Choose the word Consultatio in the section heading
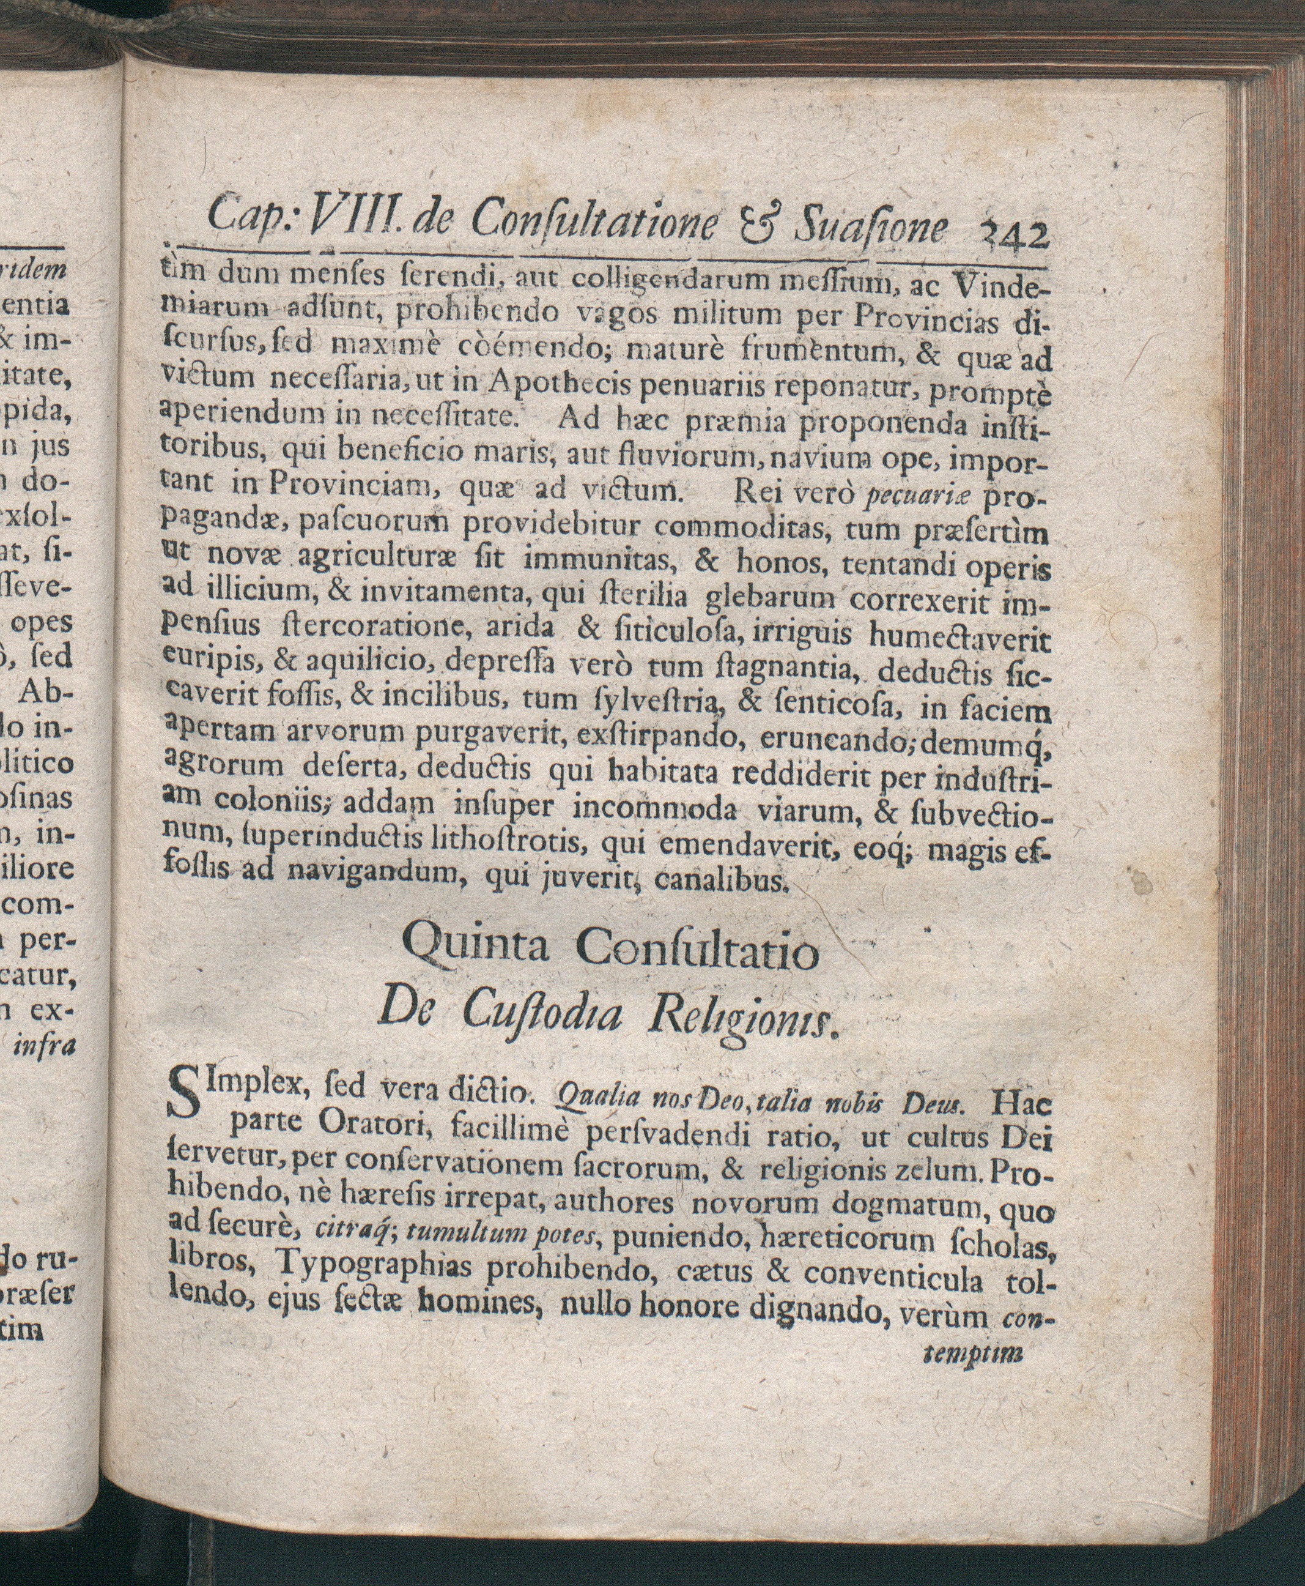click(x=698, y=953)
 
